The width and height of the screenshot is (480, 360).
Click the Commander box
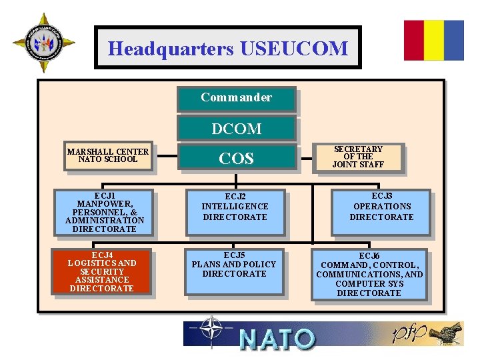[236, 98]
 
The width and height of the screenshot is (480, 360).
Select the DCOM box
[236, 128]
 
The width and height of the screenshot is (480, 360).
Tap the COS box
[236, 158]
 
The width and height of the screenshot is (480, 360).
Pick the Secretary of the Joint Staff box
[358, 157]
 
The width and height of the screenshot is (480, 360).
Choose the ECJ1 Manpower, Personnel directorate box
[105, 213]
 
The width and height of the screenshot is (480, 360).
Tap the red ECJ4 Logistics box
[103, 271]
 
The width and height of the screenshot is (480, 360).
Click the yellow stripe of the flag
[434, 40]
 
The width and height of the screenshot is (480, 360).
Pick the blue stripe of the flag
[454, 40]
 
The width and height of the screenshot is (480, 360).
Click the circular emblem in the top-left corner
[43, 43]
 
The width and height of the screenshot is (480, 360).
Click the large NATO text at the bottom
[276, 339]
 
